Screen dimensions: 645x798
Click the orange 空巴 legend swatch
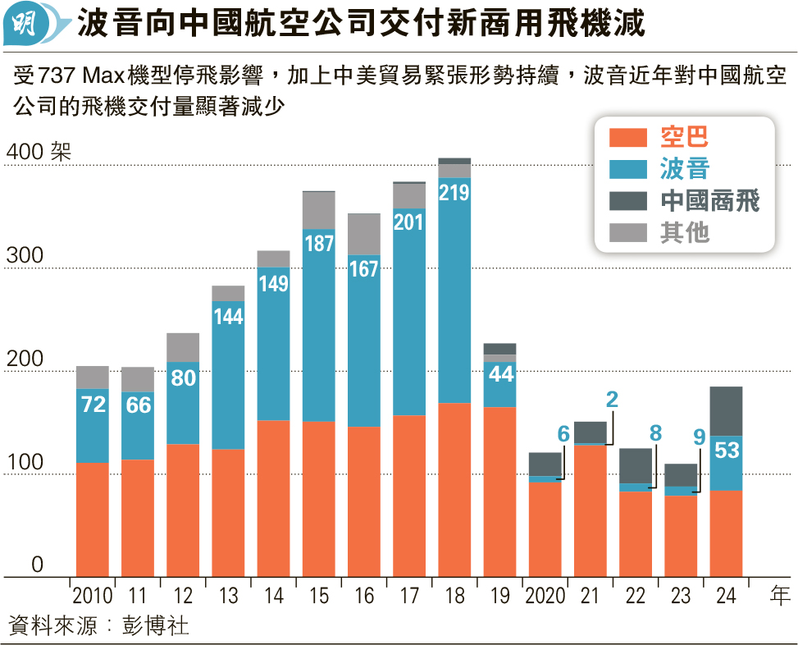pos(629,137)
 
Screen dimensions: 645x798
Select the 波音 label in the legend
pos(685,169)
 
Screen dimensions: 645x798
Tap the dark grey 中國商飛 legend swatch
pos(629,201)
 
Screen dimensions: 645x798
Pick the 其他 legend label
pos(685,233)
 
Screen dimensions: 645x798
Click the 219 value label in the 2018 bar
pos(454,193)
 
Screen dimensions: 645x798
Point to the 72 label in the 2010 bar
pos(93,404)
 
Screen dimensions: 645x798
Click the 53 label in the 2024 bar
pos(726,451)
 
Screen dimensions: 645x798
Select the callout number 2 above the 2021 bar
pos(612,400)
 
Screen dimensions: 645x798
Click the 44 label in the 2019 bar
pos(499,373)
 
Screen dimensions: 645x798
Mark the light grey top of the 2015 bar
pos(319,210)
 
